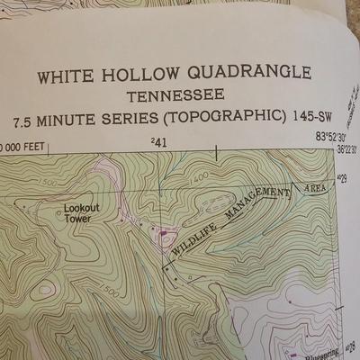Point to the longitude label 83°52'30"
click(334, 137)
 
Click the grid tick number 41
click(160, 142)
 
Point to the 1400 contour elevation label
click(200, 177)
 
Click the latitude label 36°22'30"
click(346, 149)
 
